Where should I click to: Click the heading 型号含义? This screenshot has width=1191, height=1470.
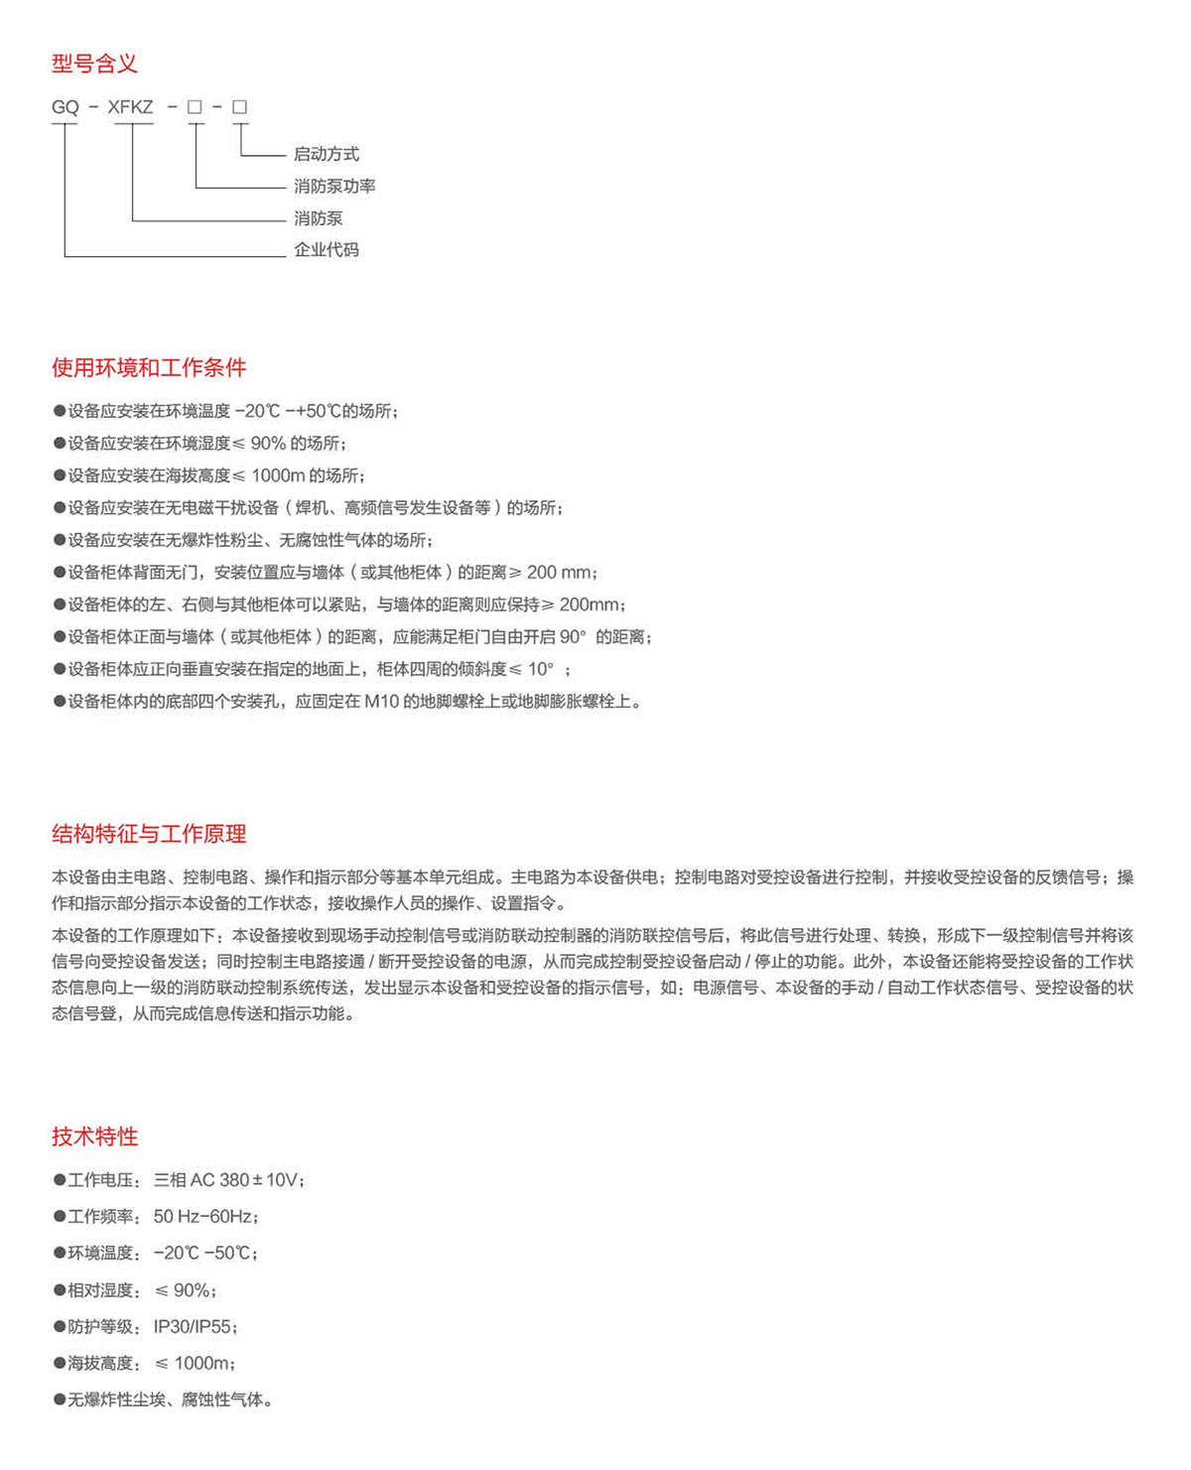pyautogui.click(x=94, y=65)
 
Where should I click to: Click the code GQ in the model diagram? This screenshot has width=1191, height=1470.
pyautogui.click(x=65, y=107)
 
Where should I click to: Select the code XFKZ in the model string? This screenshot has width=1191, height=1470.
pyautogui.click(x=130, y=107)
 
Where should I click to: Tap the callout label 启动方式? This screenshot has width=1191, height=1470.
pyautogui.click(x=326, y=154)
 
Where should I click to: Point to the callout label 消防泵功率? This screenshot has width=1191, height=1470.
pyautogui.click(x=333, y=187)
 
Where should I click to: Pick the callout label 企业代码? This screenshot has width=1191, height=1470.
pyautogui.click(x=326, y=250)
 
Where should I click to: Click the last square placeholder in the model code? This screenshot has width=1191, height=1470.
pyautogui.click(x=239, y=107)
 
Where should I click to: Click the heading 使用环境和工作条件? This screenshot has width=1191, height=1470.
pyautogui.click(x=149, y=368)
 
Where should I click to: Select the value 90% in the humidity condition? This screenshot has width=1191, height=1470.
pyautogui.click(x=268, y=444)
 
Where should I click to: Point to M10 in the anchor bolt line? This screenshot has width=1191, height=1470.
pyautogui.click(x=381, y=702)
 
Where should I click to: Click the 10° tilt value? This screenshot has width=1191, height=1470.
pyautogui.click(x=541, y=669)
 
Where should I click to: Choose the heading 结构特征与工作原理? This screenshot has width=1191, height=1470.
pyautogui.click(x=149, y=834)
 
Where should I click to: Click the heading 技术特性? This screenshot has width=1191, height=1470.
pyautogui.click(x=94, y=1136)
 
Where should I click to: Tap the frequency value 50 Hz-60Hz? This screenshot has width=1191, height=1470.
pyautogui.click(x=202, y=1217)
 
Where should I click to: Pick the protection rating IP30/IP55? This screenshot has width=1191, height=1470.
pyautogui.click(x=193, y=1327)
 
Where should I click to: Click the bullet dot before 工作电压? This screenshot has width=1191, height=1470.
pyautogui.click(x=59, y=1180)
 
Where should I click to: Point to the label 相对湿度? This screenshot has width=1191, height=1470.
pyautogui.click(x=99, y=1290)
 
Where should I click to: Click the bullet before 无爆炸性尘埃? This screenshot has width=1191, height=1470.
pyautogui.click(x=59, y=1401)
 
